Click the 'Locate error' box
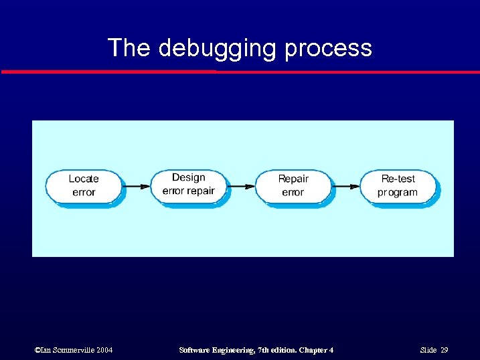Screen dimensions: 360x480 pos(83,185)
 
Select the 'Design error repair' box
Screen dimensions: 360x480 pos(188,185)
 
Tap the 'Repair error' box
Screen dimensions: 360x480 pos(293,185)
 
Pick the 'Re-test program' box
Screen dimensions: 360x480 pos(398,185)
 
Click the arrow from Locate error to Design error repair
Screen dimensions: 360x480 pos(136,185)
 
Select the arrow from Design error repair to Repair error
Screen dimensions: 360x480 pos(241,185)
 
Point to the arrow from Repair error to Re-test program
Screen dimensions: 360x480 pos(346,185)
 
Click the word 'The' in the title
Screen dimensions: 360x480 pos(129,48)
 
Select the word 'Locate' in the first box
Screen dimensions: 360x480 pos(83,179)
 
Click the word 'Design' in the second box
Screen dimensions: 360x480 pos(188,177)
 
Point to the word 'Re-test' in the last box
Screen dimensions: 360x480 pos(398,179)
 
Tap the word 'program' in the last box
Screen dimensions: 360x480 pos(398,193)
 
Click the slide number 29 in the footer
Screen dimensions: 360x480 pos(444,350)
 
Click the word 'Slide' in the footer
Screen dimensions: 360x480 pos(428,350)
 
